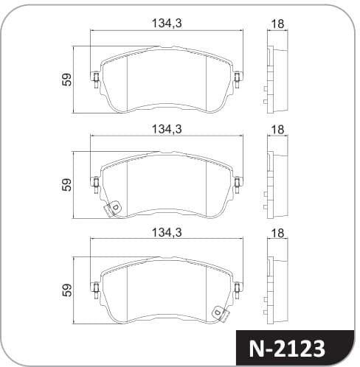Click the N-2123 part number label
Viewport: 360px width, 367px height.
point(287,349)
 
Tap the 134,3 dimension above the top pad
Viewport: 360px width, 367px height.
point(167,24)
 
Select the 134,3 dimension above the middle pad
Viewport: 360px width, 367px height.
point(167,129)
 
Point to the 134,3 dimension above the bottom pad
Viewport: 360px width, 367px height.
point(167,232)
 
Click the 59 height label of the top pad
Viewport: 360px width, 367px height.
point(66,80)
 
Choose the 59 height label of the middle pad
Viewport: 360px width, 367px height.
point(66,185)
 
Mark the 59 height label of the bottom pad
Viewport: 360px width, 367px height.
point(66,290)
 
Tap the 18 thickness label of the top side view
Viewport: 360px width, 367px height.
point(277,24)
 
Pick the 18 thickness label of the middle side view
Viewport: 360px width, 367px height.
point(277,130)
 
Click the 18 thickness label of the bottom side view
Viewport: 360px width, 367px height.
point(277,233)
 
